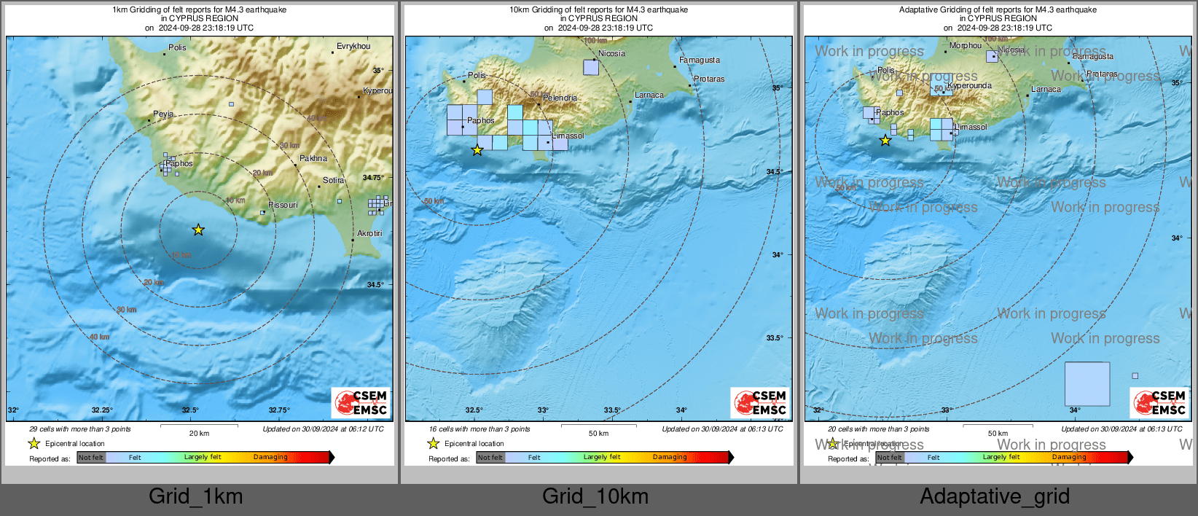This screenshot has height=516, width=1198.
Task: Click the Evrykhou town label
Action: point(353,46)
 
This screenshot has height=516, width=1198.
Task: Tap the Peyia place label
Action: point(163,114)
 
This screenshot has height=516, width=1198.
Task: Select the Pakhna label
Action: point(313,158)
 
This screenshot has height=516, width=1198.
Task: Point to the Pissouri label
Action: point(283,205)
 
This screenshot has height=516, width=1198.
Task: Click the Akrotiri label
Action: point(369,233)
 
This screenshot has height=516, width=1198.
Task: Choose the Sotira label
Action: point(334,180)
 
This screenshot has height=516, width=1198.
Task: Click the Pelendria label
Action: point(560,98)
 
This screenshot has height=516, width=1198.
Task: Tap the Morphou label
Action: point(966,46)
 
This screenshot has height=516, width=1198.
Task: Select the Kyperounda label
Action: point(969,85)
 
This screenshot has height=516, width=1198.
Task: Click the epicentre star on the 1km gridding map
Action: point(198,230)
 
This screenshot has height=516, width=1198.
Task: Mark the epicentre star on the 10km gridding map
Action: point(477,150)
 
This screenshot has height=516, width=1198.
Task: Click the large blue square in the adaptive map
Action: point(1087,383)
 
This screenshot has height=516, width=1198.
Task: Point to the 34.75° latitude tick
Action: point(373,178)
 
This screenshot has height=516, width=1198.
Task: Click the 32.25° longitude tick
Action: point(102,410)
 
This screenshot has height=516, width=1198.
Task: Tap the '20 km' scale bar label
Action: point(199,434)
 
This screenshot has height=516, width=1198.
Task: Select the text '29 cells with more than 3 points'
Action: point(80,429)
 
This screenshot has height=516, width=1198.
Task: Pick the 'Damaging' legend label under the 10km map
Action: point(670,457)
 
